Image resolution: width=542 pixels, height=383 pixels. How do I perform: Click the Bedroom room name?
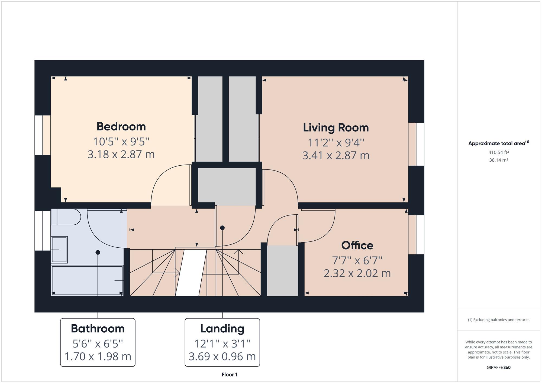click(x=121, y=126)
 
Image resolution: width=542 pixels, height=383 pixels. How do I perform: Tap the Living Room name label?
click(x=336, y=127)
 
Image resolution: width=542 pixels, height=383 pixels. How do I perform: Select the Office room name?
click(x=357, y=245)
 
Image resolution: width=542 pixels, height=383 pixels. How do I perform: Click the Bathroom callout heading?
click(x=98, y=328)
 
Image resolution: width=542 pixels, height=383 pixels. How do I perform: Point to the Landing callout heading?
click(x=222, y=329)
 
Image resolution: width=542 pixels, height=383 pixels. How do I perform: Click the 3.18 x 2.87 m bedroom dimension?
click(x=121, y=154)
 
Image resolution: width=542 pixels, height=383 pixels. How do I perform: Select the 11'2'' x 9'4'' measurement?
click(x=336, y=142)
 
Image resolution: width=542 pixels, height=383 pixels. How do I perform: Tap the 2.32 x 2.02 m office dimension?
click(x=357, y=273)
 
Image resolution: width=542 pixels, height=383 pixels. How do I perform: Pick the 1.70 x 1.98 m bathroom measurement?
click(x=98, y=356)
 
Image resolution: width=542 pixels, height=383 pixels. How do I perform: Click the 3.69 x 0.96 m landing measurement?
click(x=222, y=356)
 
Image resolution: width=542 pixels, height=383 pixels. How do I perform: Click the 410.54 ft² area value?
click(x=499, y=152)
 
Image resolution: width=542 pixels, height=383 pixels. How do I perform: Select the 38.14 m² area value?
click(x=499, y=160)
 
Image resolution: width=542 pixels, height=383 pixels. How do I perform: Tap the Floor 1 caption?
click(x=229, y=375)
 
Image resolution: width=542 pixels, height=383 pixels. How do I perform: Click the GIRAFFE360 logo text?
click(x=499, y=367)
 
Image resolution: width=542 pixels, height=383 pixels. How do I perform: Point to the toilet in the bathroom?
click(x=66, y=217)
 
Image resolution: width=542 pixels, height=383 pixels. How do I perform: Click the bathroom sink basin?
click(x=59, y=250)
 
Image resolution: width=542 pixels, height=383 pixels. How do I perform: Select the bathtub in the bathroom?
click(x=87, y=281)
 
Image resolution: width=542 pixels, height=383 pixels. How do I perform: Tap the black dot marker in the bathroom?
click(x=98, y=252)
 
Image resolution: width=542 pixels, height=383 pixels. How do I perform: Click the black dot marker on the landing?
click(x=222, y=228)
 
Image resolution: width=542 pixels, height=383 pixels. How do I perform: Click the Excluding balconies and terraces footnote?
click(x=499, y=320)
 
